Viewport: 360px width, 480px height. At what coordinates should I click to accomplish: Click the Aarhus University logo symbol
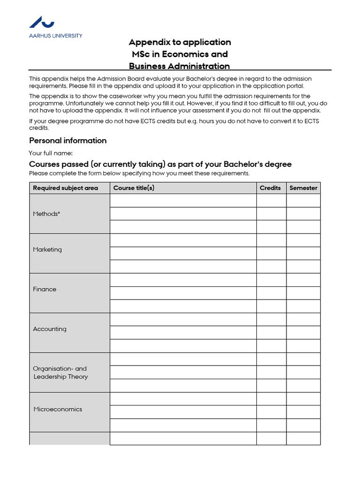pyautogui.click(x=42, y=22)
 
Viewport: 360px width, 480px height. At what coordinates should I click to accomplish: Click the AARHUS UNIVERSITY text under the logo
pyautogui.click(x=55, y=36)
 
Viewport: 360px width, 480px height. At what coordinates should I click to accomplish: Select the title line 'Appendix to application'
pyautogui.click(x=180, y=42)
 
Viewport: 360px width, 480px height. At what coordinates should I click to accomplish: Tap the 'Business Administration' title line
pyautogui.click(x=180, y=66)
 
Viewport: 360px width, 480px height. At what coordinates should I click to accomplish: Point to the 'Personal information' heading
pyautogui.click(x=68, y=141)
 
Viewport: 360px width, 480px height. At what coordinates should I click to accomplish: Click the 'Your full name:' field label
pyautogui.click(x=51, y=153)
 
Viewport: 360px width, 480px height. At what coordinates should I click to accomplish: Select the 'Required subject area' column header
pyautogui.click(x=66, y=188)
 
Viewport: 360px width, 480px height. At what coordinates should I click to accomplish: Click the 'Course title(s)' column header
pyautogui.click(x=134, y=188)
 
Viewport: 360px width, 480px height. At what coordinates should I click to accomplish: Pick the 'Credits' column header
pyautogui.click(x=270, y=188)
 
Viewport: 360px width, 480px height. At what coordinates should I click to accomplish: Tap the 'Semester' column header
pyautogui.click(x=303, y=188)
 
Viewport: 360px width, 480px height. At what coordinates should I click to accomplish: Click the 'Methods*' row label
pyautogui.click(x=46, y=214)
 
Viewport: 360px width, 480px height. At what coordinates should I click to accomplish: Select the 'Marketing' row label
pyautogui.click(x=47, y=249)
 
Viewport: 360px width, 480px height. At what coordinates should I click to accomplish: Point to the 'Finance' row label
pyautogui.click(x=45, y=289)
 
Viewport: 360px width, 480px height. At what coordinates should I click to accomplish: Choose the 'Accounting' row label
pyautogui.click(x=50, y=329)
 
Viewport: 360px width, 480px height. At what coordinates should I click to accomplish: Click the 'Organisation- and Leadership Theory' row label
pyautogui.click(x=60, y=373)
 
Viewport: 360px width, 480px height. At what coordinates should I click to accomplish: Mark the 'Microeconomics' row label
pyautogui.click(x=58, y=409)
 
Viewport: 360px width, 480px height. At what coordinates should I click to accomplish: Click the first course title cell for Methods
pyautogui.click(x=183, y=201)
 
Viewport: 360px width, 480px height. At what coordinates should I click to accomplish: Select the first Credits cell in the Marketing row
pyautogui.click(x=271, y=240)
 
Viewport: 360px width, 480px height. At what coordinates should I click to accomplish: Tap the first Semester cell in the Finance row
pyautogui.click(x=303, y=280)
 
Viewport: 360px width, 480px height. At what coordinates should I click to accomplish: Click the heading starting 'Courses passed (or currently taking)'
pyautogui.click(x=160, y=164)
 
